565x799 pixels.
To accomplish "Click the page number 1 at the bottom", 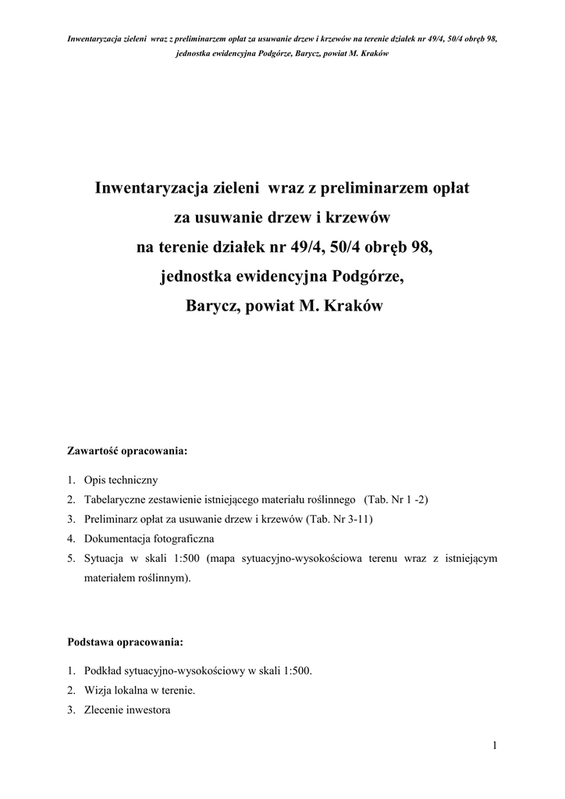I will point(495,745).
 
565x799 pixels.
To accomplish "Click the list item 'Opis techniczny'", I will point(121,479).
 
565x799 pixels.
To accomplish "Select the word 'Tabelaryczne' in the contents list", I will point(118,499).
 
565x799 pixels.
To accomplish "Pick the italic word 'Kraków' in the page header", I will point(374,53).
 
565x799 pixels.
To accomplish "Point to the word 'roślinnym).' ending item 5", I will point(163,579).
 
